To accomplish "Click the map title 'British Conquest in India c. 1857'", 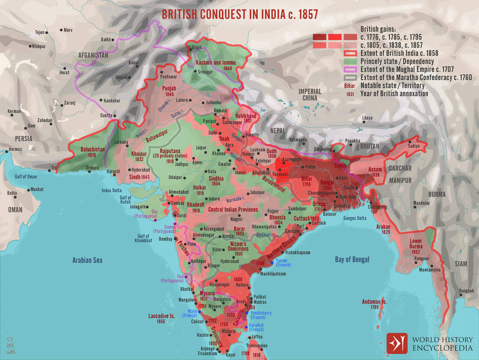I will [239, 14].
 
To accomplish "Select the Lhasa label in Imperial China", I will [367, 118].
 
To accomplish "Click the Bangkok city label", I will [466, 291].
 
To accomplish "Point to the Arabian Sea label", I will [87, 260].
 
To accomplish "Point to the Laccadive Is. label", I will [162, 316].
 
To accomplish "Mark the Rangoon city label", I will [422, 258].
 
